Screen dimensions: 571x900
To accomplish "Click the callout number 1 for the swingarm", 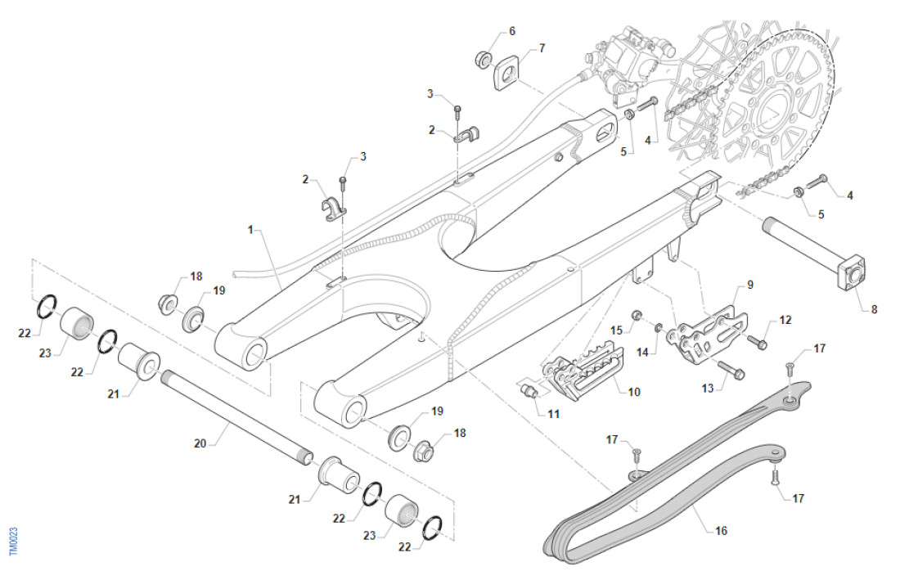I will (x=251, y=231).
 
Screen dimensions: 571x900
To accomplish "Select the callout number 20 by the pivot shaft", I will (x=200, y=444).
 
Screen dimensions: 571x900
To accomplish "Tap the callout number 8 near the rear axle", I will (x=874, y=309).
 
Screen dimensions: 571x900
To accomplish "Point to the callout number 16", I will (x=721, y=531).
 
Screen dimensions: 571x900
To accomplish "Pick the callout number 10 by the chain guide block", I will (x=633, y=392).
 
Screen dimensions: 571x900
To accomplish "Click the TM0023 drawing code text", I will (x=13, y=542).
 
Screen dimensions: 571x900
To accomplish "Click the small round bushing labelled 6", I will (x=484, y=59).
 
